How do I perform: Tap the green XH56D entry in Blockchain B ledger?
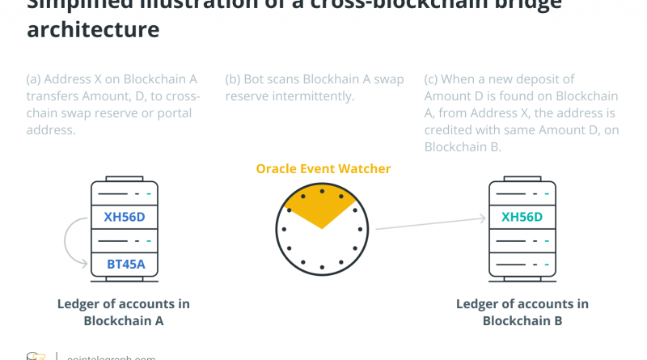point(522,217)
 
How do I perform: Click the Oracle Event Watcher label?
point(323,169)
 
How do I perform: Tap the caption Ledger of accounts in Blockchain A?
point(123,311)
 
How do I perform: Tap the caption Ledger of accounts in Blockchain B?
point(522,311)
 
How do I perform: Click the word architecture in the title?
point(93,31)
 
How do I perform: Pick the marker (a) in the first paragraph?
point(34,79)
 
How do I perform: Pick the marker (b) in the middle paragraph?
point(234,79)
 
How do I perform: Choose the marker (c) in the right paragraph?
point(433,79)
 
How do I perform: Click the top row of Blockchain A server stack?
point(123,194)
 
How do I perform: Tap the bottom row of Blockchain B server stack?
point(522,263)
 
